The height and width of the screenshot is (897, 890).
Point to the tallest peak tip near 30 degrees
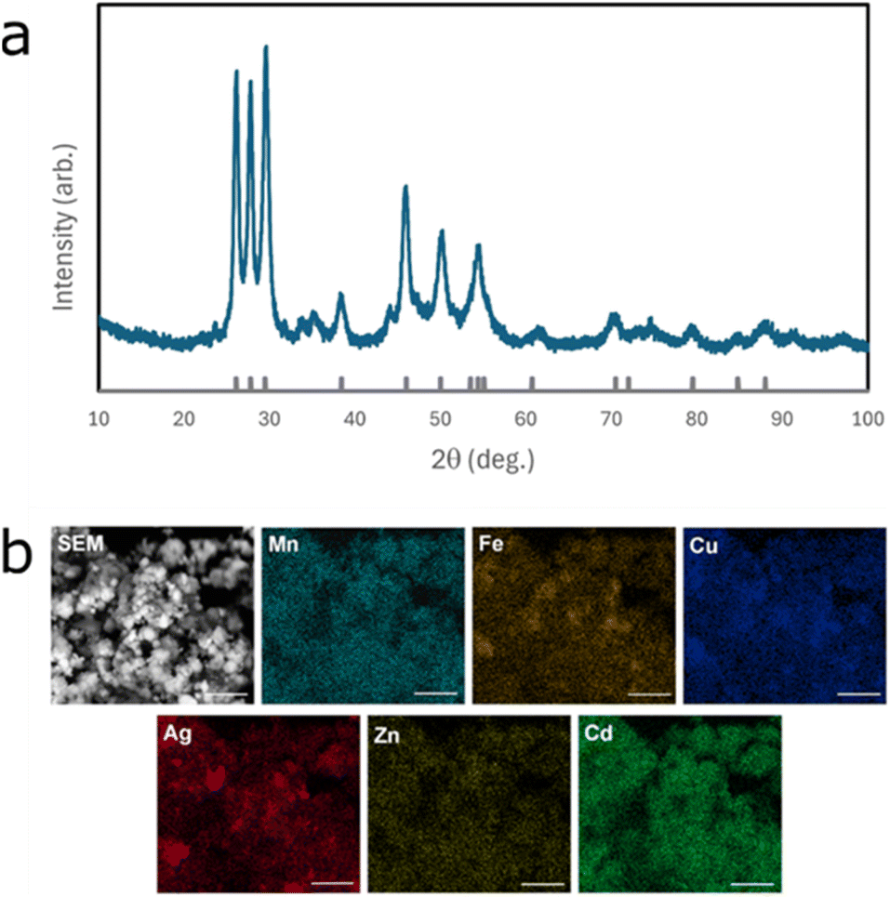click(x=266, y=46)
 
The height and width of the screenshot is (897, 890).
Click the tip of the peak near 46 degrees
click(x=405, y=187)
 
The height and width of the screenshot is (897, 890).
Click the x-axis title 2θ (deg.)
click(x=482, y=458)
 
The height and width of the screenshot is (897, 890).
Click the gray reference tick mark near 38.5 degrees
click(x=341, y=382)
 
